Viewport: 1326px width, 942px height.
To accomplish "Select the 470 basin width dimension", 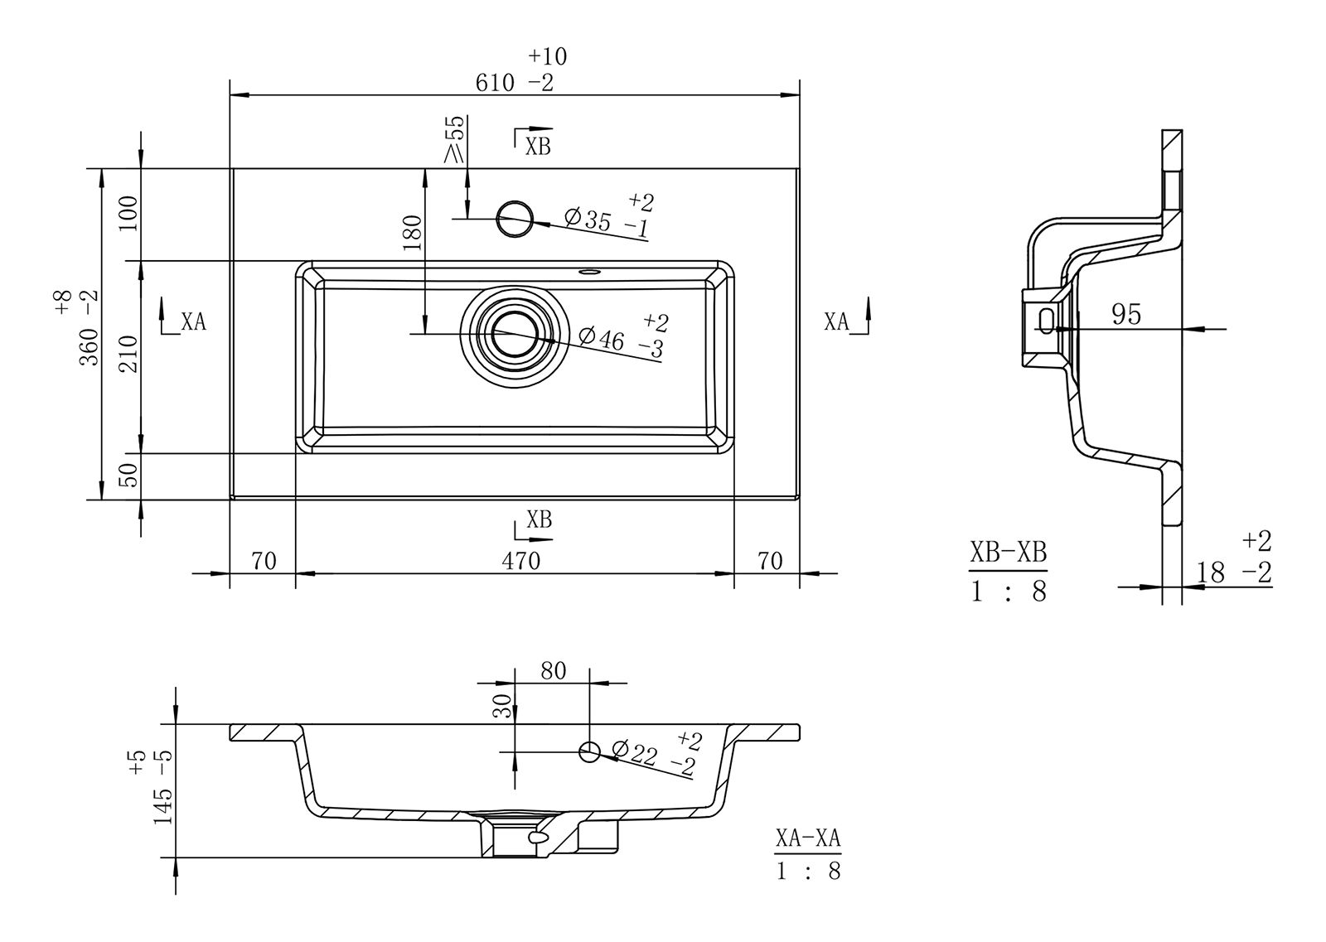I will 520,561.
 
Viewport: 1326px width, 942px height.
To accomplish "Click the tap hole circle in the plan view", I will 514,219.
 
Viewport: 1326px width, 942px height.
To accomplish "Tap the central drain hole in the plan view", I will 515,334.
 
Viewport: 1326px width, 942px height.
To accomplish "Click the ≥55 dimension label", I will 455,138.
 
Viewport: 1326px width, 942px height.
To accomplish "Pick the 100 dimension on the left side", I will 128,214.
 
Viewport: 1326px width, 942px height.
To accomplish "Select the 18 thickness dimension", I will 1211,572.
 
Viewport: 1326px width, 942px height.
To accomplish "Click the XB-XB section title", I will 1008,553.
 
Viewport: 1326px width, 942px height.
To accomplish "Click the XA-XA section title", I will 808,838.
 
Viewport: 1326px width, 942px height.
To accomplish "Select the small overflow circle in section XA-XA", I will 589,751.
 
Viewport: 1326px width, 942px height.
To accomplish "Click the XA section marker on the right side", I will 839,321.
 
